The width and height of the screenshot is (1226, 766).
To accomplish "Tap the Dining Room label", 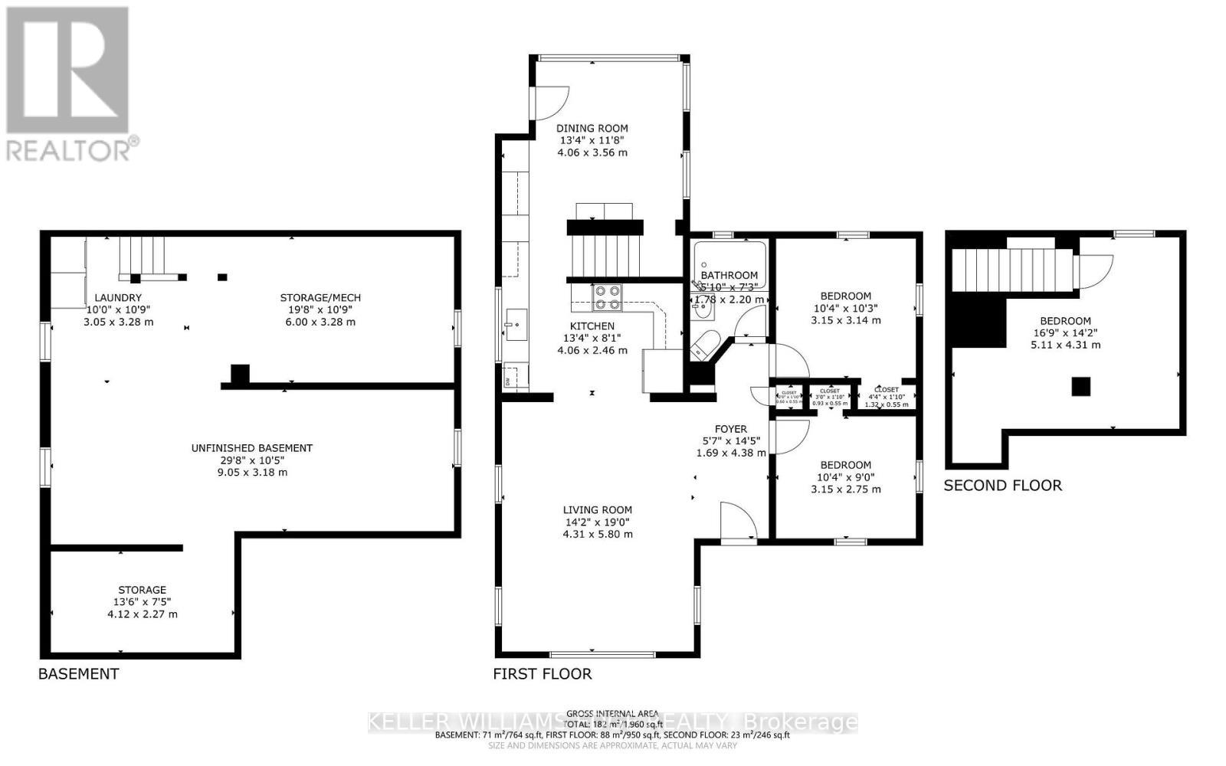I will [592, 129].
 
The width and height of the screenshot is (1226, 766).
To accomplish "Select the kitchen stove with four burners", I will [608, 297].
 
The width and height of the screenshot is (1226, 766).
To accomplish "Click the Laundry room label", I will [118, 298].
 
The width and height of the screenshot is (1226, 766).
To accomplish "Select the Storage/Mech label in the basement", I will [320, 298].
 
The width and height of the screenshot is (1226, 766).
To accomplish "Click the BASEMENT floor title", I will [79, 674].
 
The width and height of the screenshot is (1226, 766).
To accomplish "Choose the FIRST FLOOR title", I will [543, 674].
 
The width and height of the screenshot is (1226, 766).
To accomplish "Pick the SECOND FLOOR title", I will [1002, 486].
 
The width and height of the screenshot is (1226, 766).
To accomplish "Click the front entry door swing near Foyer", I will [737, 522].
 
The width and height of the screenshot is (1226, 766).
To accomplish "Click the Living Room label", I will [598, 510].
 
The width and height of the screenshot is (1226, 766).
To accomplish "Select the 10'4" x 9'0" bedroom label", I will [846, 477].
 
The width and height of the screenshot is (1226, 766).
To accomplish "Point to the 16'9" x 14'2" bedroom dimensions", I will [1065, 333].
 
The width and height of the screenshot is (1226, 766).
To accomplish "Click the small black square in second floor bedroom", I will [1080, 387].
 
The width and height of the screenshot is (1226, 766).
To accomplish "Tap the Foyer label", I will [730, 429].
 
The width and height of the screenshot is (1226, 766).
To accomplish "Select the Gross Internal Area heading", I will [612, 713].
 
